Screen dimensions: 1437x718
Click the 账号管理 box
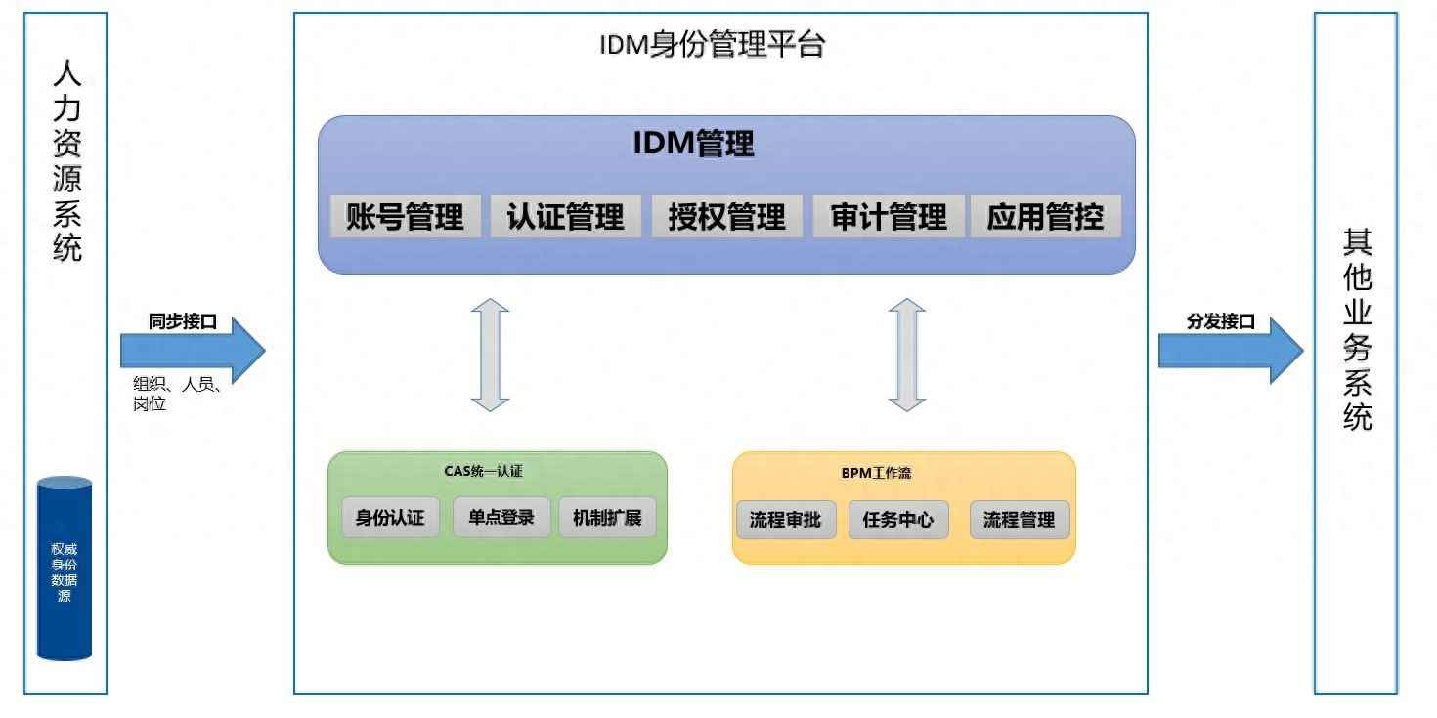pyautogui.click(x=406, y=217)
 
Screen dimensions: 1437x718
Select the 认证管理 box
pyautogui.click(x=566, y=217)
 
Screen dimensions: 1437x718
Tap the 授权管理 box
pyautogui.click(x=727, y=217)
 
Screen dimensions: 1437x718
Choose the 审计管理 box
pyautogui.click(x=889, y=217)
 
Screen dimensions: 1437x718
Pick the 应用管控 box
pyautogui.click(x=1046, y=217)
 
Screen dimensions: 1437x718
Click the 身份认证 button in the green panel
pyautogui.click(x=391, y=517)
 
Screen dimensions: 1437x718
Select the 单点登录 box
pyautogui.click(x=501, y=517)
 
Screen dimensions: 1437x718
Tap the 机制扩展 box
pyautogui.click(x=607, y=517)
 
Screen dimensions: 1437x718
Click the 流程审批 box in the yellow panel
pyautogui.click(x=786, y=520)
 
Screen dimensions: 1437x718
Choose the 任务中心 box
pyautogui.click(x=898, y=520)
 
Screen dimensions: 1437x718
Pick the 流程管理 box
pyautogui.click(x=1020, y=520)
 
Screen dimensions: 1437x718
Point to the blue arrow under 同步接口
pyautogui.click(x=193, y=351)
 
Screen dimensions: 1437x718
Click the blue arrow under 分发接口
pyautogui.click(x=1231, y=351)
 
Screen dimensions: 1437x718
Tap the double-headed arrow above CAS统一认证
pyautogui.click(x=490, y=355)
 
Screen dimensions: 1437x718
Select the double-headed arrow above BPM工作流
pyautogui.click(x=906, y=355)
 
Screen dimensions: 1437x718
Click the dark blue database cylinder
pyautogui.click(x=65, y=568)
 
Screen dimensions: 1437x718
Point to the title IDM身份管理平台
pyautogui.click(x=712, y=45)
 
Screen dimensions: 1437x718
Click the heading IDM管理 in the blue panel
pyautogui.click(x=693, y=143)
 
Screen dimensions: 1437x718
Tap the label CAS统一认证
pyautogui.click(x=483, y=471)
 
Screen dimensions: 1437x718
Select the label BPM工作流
pyautogui.click(x=876, y=473)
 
